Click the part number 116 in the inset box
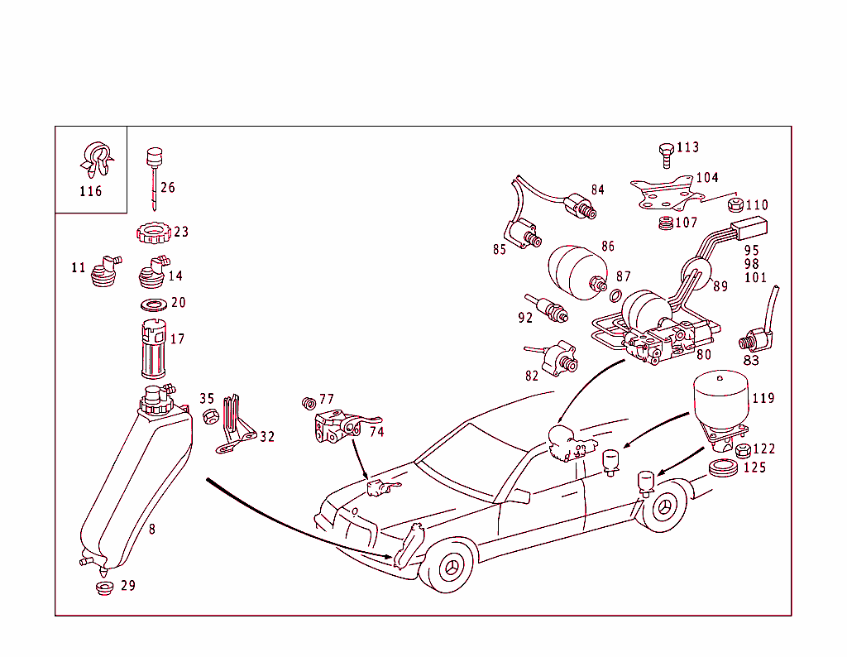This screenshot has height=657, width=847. (90, 192)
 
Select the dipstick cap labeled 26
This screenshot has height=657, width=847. (153, 156)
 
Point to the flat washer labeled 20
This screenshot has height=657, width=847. (151, 304)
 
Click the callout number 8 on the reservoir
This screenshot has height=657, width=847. (152, 529)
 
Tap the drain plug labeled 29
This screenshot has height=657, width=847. (104, 588)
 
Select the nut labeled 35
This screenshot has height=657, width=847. (210, 416)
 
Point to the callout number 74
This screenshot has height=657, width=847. (376, 431)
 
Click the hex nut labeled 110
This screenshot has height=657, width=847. (733, 204)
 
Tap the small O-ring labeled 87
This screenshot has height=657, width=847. (615, 295)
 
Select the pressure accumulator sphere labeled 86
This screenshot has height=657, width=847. (577, 266)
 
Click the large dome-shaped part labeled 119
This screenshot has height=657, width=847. (720, 402)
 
